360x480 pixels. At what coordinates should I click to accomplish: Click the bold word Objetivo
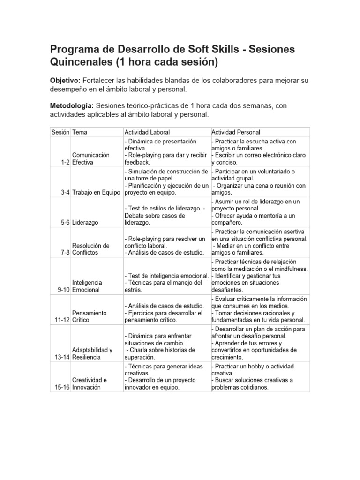click(65, 81)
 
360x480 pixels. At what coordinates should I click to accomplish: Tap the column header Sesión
click(60, 132)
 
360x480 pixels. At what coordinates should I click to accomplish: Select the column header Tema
click(79, 132)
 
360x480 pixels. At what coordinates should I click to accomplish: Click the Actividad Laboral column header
click(147, 132)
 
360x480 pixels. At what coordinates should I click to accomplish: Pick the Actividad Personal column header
click(236, 132)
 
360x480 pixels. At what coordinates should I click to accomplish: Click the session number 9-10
click(64, 290)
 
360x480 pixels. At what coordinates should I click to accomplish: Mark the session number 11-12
click(62, 320)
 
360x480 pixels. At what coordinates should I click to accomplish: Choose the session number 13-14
click(62, 357)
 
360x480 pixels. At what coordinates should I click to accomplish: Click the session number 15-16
click(62, 387)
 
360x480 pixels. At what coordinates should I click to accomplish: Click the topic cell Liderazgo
click(85, 223)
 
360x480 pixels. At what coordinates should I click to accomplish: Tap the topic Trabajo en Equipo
click(96, 192)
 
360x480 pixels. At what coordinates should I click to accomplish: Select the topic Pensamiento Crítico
click(89, 316)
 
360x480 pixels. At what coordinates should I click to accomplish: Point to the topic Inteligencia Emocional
click(87, 286)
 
